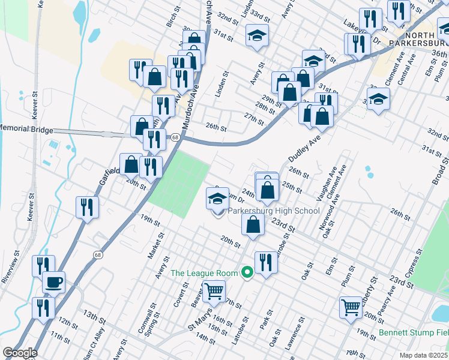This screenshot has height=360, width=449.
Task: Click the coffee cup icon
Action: coord(53,282)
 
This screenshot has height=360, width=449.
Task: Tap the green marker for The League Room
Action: coord(246,273)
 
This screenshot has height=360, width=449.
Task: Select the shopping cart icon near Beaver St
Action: coord(213,292)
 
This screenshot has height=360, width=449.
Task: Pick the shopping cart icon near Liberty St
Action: coord(351,307)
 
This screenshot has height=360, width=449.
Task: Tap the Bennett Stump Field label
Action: coord(414,332)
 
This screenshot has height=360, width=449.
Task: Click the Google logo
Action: coord(19,353)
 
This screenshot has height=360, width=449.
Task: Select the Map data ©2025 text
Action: coord(423,355)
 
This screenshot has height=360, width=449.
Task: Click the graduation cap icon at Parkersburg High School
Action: coord(217,198)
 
